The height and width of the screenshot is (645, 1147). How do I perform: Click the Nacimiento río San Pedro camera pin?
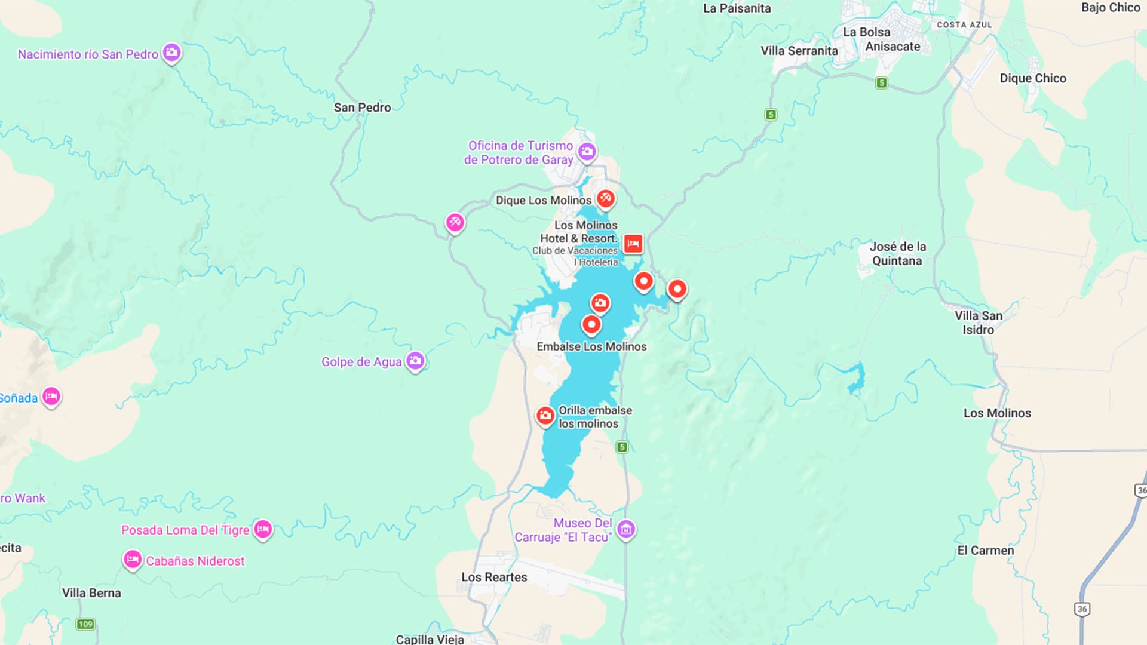(x=171, y=53)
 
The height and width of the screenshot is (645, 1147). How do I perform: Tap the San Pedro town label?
(x=362, y=107)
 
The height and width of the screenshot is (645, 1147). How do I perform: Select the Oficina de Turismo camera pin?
(x=587, y=152)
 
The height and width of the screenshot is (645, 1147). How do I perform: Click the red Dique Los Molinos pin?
(x=605, y=198)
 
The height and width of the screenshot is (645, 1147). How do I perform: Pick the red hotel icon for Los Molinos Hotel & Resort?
(x=633, y=244)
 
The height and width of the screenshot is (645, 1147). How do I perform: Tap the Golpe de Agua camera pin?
(x=415, y=361)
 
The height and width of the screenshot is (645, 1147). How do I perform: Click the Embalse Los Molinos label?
(x=591, y=346)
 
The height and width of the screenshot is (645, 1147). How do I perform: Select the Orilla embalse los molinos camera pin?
(x=545, y=416)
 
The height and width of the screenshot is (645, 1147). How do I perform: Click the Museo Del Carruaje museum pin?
(x=625, y=529)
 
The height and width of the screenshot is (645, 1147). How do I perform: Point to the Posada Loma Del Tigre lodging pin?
(x=263, y=529)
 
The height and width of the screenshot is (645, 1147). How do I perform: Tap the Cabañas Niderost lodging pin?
(x=132, y=560)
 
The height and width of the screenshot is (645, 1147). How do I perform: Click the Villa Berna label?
(x=91, y=593)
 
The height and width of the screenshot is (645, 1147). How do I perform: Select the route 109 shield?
(x=85, y=624)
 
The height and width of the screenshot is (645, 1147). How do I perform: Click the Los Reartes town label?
(x=493, y=577)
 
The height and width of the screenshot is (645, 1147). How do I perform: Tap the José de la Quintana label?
(x=897, y=254)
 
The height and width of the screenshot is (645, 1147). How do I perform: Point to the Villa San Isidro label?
(x=978, y=322)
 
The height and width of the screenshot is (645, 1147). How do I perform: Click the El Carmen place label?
(x=985, y=551)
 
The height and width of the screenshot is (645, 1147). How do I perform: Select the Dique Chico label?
(x=1032, y=78)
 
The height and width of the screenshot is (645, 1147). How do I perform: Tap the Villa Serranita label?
(x=799, y=51)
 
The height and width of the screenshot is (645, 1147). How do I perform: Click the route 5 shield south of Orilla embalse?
(x=622, y=447)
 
